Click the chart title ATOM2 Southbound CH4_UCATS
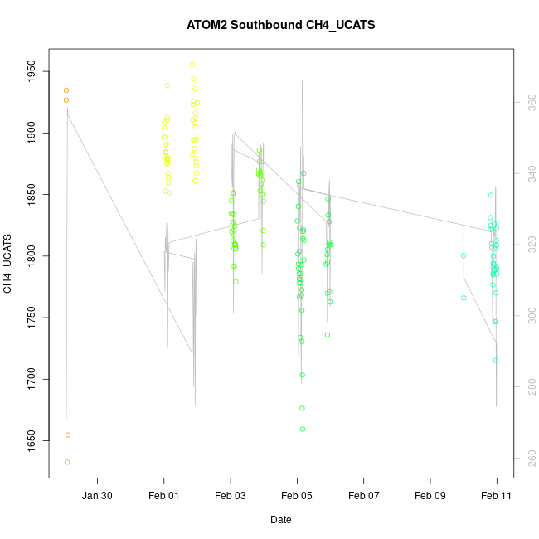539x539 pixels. click(x=281, y=25)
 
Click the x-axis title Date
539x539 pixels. click(x=280, y=520)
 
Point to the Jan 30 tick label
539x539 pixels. click(x=98, y=495)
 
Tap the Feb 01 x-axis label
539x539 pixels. click(x=163, y=495)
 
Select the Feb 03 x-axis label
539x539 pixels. click(x=231, y=495)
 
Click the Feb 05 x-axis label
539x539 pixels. click(x=297, y=495)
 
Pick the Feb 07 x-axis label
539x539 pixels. click(x=363, y=495)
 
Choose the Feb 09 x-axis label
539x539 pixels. click(x=430, y=495)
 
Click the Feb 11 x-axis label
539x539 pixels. click(x=497, y=495)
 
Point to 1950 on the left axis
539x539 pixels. click(x=32, y=71)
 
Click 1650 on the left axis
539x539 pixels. click(x=32, y=441)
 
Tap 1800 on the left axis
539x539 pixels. click(x=32, y=256)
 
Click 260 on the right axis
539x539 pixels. click(x=527, y=458)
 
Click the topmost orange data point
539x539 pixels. click(x=66, y=90)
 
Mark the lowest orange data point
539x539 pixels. click(x=67, y=462)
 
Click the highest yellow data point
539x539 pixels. click(x=192, y=65)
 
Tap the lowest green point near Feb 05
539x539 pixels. click(x=303, y=429)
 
